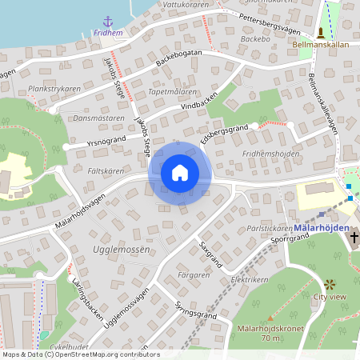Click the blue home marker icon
coord(180,172)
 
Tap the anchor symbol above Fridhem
coord(108,21)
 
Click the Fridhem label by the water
coord(108,33)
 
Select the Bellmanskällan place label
coord(320,45)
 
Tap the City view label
coord(330,297)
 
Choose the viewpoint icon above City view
coord(330,284)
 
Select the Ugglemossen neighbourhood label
coord(122,250)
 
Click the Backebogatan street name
coord(178,58)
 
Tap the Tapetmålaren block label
coord(173,92)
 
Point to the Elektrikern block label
coord(249,281)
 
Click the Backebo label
coord(253,38)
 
